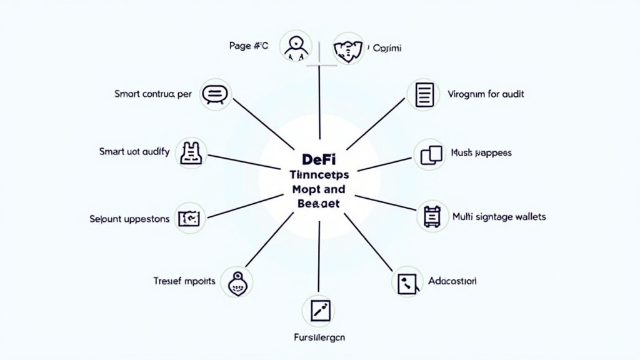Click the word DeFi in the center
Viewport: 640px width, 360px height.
coord(319,159)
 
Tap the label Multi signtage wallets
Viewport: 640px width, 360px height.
coord(499,217)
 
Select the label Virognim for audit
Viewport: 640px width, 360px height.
coord(486,94)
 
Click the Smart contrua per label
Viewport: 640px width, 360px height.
coord(153,94)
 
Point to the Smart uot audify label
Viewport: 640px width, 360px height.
coord(134,151)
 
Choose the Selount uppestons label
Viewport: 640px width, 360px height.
coord(129,219)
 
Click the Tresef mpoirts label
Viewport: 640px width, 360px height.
coord(184,281)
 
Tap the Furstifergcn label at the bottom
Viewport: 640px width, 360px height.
coord(319,337)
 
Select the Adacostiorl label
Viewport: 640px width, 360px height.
coord(452,281)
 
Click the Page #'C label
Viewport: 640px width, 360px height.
coord(248,46)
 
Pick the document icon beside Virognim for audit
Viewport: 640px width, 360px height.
coord(423,95)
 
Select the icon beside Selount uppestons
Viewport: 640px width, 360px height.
coord(189,218)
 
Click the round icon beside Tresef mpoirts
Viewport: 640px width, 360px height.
coord(237,282)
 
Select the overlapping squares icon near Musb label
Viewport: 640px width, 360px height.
coord(430,154)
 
